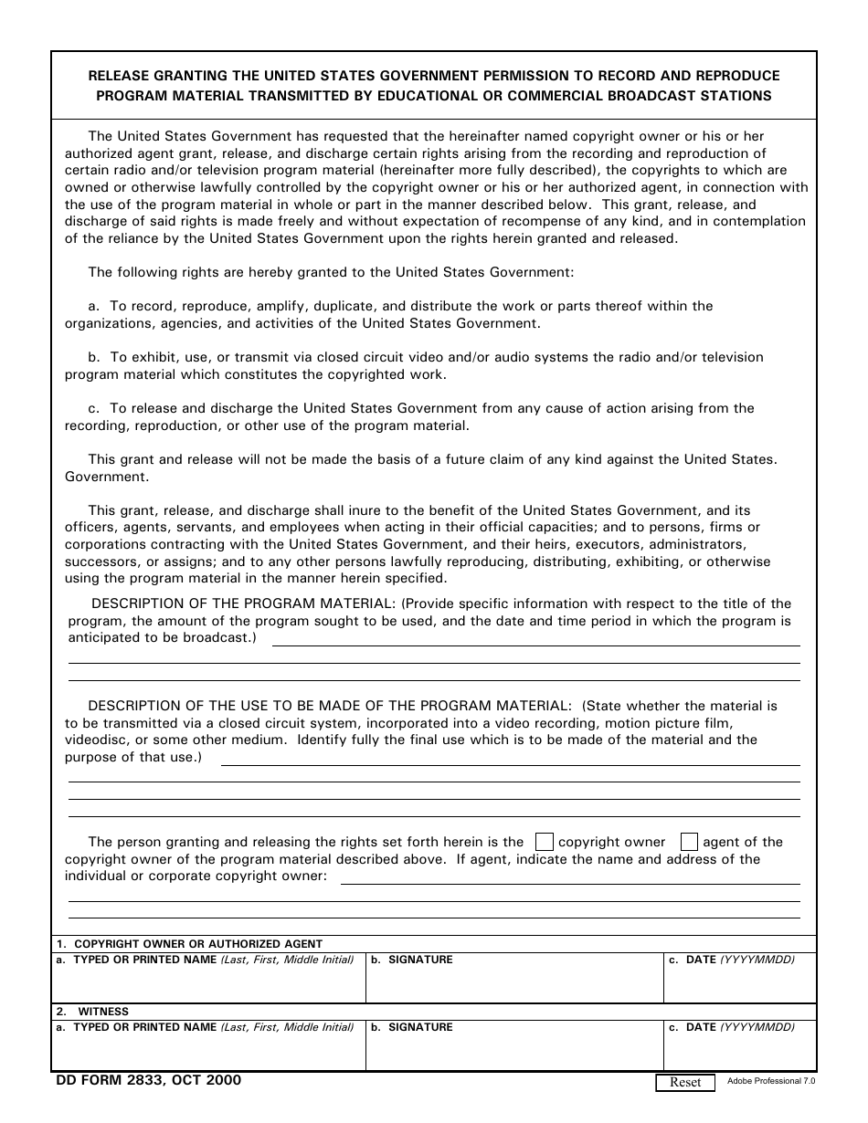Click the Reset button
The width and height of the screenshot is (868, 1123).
point(685,1082)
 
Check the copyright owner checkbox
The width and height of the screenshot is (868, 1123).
point(544,842)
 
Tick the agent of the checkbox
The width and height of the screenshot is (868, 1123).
point(690,842)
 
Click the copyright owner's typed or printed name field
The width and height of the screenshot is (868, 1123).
point(208,984)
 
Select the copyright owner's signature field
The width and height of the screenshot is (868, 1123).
point(514,984)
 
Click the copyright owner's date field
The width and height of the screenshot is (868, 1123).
point(739,984)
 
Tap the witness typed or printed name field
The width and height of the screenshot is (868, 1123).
point(208,1052)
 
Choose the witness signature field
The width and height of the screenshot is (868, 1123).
point(514,1052)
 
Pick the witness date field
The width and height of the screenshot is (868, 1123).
point(739,1052)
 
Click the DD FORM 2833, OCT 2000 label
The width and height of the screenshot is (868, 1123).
point(149,1080)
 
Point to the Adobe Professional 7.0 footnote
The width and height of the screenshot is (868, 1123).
point(771,1081)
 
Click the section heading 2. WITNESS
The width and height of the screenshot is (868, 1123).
point(92,1012)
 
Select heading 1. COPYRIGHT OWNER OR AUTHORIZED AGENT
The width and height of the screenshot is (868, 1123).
point(189,944)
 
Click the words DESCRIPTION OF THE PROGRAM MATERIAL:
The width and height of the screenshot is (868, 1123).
point(244,603)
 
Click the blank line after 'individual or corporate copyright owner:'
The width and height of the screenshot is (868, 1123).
point(570,883)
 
